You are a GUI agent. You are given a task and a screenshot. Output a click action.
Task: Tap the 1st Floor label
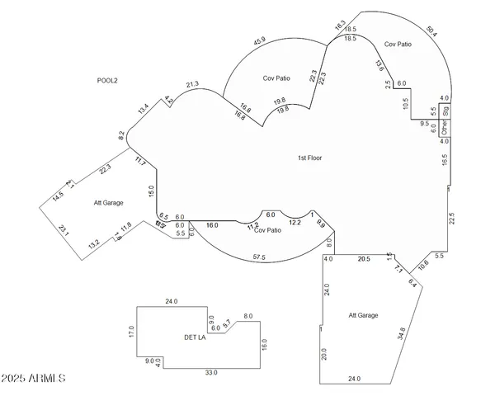point(310,158)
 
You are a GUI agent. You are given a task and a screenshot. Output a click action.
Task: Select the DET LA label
point(195,337)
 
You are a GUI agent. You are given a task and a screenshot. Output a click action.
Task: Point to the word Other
point(444,128)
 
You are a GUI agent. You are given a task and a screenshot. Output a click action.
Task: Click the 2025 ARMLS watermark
point(34,378)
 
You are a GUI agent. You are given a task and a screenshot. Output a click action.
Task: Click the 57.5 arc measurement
point(259,258)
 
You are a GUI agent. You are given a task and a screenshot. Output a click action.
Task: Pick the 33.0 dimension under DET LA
point(211,373)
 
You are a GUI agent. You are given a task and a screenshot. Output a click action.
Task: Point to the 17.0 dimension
point(130,332)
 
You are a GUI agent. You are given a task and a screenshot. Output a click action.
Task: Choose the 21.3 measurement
point(192,84)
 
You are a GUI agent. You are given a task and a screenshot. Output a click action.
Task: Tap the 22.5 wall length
point(451,218)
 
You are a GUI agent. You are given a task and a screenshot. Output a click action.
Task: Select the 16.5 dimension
point(445,160)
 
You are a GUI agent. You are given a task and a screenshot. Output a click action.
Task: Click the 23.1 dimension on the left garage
point(64,232)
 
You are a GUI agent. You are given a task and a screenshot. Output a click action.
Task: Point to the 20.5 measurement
point(363,259)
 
